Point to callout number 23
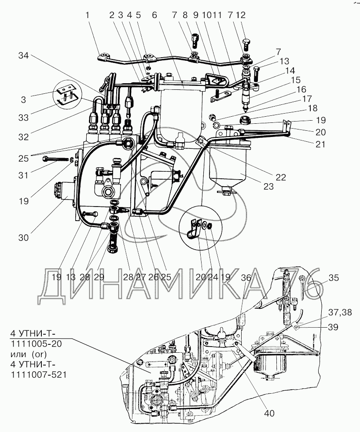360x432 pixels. pos(268,186)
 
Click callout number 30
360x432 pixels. pos(23,238)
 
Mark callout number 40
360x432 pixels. pos(269,414)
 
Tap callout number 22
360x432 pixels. pos(280,177)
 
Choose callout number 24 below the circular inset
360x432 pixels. pos(213,277)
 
